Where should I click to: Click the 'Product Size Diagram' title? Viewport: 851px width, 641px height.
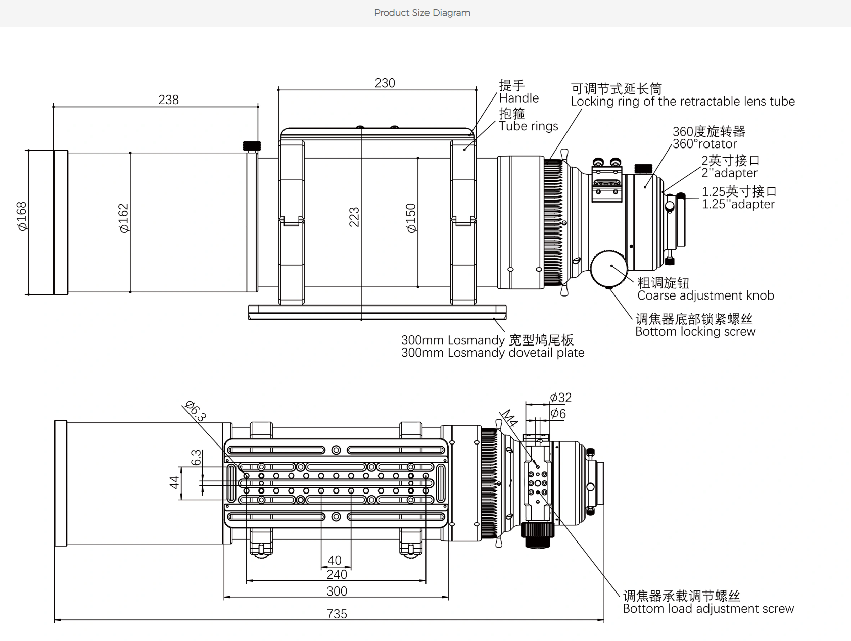pos(422,13)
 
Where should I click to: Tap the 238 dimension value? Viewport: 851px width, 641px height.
pos(168,100)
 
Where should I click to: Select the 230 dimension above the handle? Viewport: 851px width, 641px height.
pos(385,83)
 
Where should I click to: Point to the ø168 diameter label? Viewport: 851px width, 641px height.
pos(22,216)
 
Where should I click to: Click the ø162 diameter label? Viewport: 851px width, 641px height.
pos(124,218)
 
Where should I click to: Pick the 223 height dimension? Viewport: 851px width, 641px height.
pos(354,217)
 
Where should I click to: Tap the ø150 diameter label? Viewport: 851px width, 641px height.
pos(411,218)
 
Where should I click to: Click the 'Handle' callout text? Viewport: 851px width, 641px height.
pos(518,98)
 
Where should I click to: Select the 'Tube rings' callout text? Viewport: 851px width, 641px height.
pos(528,126)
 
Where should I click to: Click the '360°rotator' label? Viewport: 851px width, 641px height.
pos(704,144)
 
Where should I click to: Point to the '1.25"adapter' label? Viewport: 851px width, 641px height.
pos(738,204)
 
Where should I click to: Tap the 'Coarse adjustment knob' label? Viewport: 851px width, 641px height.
pos(705,295)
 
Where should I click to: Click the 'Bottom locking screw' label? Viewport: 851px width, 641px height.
pos(695,332)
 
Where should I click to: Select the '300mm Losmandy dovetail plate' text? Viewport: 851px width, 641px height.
pos(492,353)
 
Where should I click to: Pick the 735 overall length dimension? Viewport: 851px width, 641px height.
pos(337,614)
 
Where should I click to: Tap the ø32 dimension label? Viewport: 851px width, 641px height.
pos(560,398)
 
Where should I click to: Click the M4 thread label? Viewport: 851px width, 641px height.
pos(509,418)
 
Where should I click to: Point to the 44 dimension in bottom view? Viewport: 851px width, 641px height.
pos(174,482)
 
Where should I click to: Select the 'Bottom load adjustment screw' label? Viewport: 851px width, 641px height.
pos(708,609)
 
